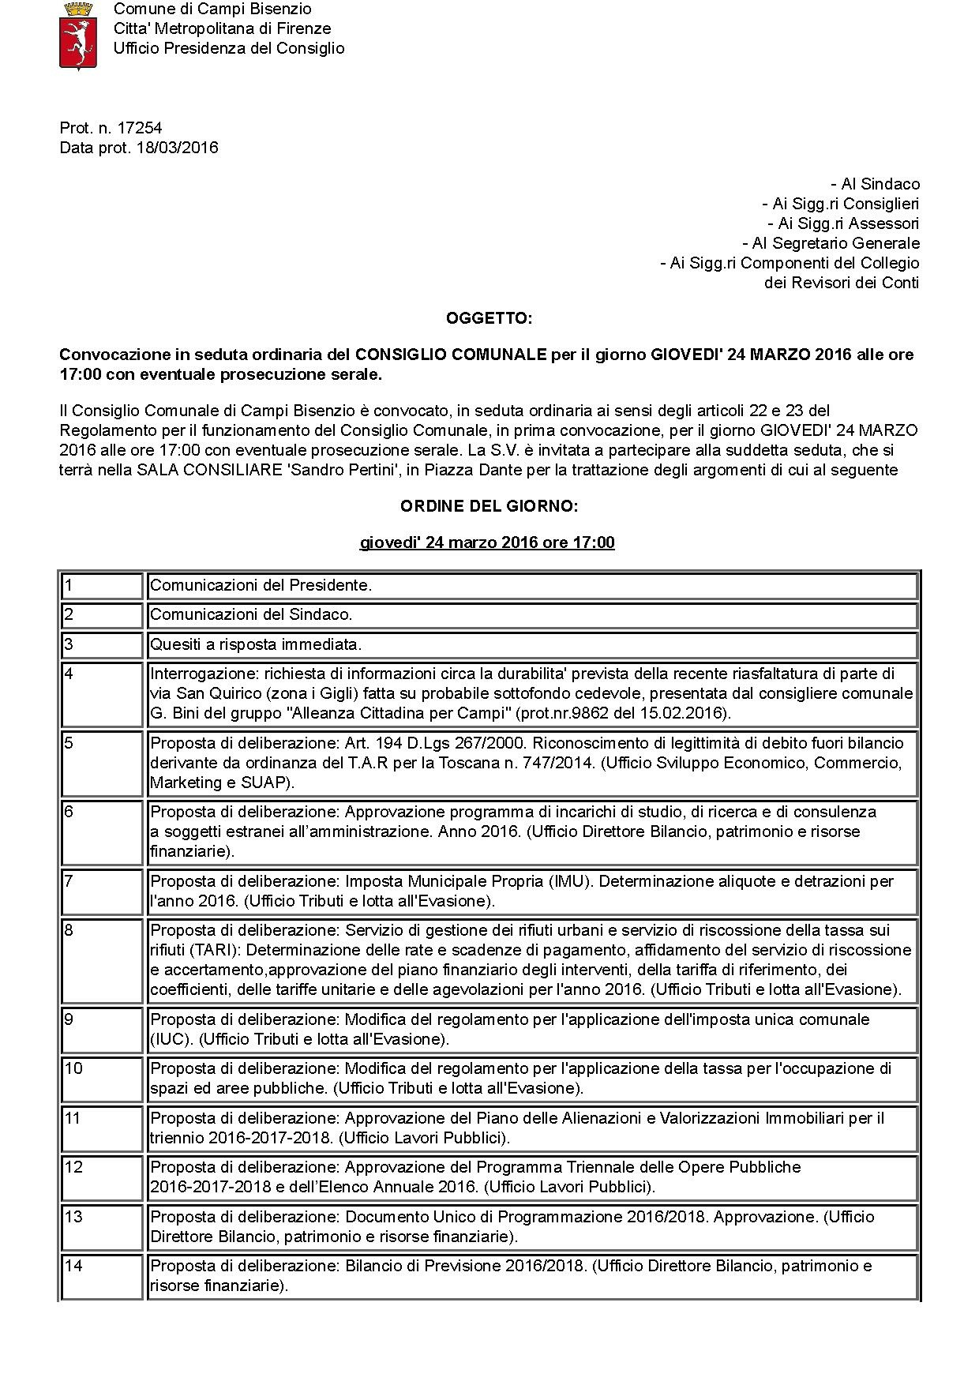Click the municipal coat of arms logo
click(77, 36)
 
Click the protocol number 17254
click(140, 128)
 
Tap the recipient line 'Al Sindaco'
click(876, 184)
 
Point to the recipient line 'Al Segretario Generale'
click(831, 243)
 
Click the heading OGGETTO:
click(489, 318)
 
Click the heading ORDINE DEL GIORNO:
click(489, 506)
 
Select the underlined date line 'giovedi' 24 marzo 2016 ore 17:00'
click(487, 542)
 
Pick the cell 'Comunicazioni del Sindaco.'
click(251, 614)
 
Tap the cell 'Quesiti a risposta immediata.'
click(256, 644)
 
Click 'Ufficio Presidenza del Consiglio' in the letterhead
click(229, 48)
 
